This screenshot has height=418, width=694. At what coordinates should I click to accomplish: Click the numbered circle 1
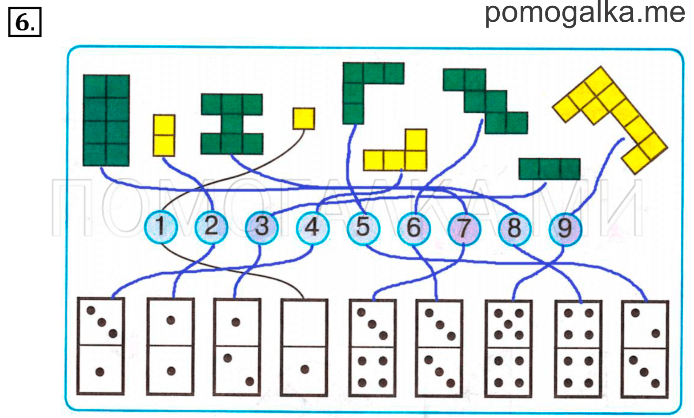pyautogui.click(x=161, y=227)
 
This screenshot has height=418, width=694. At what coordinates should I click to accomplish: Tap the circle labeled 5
pyautogui.click(x=363, y=228)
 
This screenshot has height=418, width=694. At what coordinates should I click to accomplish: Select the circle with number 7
pyautogui.click(x=464, y=229)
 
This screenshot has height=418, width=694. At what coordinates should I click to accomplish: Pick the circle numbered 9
pyautogui.click(x=565, y=230)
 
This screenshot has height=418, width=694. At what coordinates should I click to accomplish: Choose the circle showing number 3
pyautogui.click(x=262, y=227)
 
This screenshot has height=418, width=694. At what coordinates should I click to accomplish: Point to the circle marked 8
pyautogui.click(x=515, y=229)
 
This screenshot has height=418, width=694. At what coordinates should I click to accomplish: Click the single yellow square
pyautogui.click(x=304, y=119)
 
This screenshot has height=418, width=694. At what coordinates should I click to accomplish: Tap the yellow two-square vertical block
pyautogui.click(x=164, y=135)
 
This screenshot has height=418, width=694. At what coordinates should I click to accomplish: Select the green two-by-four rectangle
pyautogui.click(x=106, y=120)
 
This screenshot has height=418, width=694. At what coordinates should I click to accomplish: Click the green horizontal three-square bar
pyautogui.click(x=550, y=169)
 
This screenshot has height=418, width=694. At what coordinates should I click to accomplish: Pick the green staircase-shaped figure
pyautogui.click(x=485, y=101)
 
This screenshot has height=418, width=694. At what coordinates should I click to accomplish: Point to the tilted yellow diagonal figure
pyautogui.click(x=610, y=119)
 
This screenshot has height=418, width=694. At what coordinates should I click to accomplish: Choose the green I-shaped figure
pyautogui.click(x=232, y=124)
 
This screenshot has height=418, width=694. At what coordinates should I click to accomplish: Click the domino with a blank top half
pyautogui.click(x=304, y=347)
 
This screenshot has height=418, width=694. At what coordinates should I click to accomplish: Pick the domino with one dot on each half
pyautogui.click(x=171, y=346)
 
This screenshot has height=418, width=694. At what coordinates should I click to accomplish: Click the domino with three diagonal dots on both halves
pyautogui.click(x=439, y=348)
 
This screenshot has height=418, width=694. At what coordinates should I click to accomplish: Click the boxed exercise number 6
pyautogui.click(x=25, y=22)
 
